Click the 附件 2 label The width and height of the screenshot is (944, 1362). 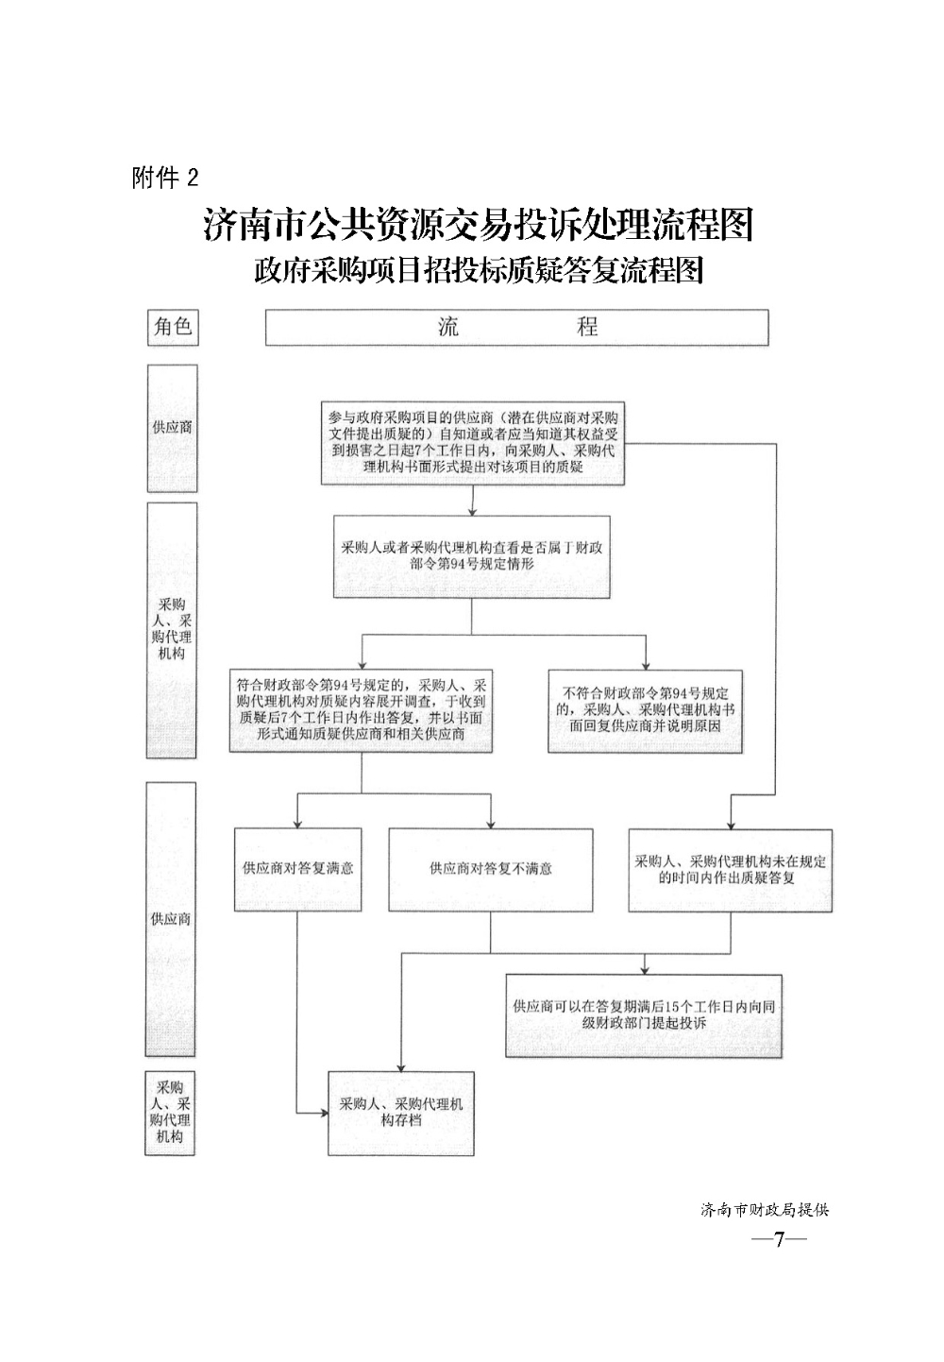[x=165, y=179]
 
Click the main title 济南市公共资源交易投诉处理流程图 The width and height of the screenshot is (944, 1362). [x=478, y=225]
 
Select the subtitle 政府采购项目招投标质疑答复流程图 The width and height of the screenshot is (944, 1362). [x=479, y=270]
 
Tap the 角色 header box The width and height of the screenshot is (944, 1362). [x=174, y=328]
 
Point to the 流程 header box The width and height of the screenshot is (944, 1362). [x=516, y=328]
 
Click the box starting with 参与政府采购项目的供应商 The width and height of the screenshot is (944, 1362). [x=473, y=443]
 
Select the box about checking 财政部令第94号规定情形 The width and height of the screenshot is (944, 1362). [x=472, y=557]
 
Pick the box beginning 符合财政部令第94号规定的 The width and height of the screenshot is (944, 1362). [x=361, y=711]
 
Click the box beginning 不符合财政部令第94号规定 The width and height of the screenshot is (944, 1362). [x=645, y=711]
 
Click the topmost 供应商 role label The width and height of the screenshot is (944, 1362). [x=173, y=428]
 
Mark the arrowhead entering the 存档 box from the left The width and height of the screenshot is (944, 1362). [x=324, y=1114]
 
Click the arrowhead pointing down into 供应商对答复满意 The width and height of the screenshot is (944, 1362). [x=297, y=824]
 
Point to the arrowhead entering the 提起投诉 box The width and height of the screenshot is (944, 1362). [x=645, y=970]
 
